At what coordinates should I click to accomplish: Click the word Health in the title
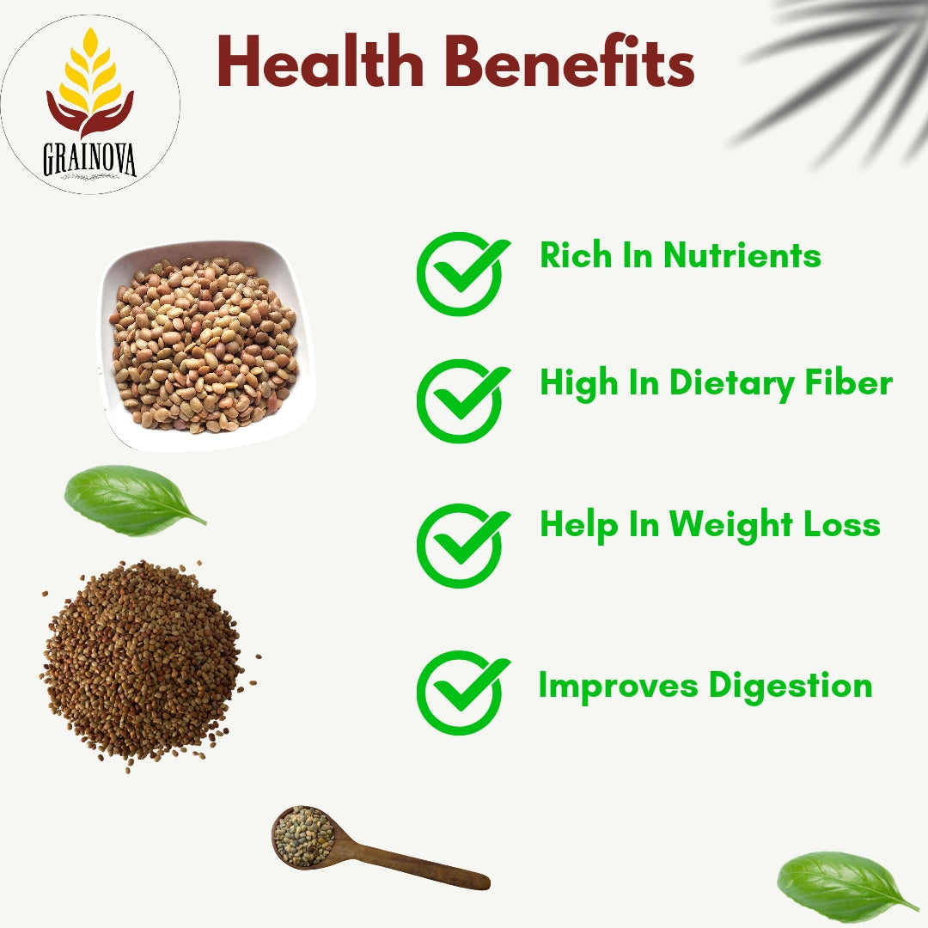(321, 62)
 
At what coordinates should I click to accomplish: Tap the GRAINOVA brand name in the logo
(89, 159)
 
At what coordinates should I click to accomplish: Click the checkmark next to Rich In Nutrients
(463, 273)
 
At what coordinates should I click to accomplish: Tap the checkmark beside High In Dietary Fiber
(463, 400)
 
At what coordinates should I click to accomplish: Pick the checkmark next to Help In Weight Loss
(463, 545)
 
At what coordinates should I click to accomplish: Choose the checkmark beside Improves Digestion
(463, 692)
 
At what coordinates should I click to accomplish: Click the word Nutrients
(742, 256)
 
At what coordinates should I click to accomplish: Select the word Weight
(731, 526)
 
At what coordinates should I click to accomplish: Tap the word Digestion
(791, 687)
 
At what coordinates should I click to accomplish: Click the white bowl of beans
(206, 345)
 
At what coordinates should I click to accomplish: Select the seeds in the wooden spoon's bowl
(303, 836)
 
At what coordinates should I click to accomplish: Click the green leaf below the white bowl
(134, 500)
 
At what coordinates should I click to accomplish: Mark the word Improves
(619, 687)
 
